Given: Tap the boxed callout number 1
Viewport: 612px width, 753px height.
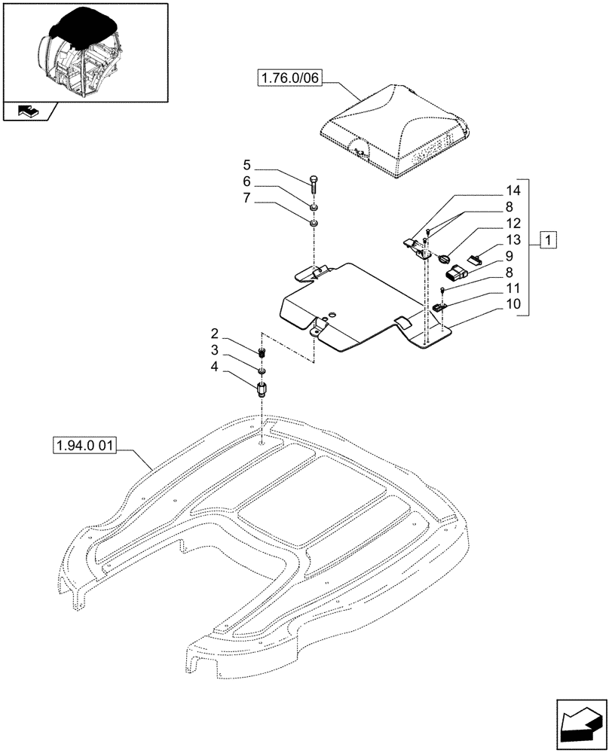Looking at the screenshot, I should click(549, 241).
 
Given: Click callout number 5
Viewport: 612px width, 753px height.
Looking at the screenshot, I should click(246, 165).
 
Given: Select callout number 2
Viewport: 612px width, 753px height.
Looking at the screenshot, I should click(215, 333).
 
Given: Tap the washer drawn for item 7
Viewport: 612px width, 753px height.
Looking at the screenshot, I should click(314, 222).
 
